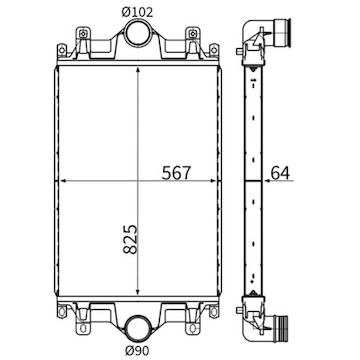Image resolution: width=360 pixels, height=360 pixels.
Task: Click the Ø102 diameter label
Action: (x=138, y=12)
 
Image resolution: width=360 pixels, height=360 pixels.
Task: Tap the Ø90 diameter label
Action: (x=138, y=349)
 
